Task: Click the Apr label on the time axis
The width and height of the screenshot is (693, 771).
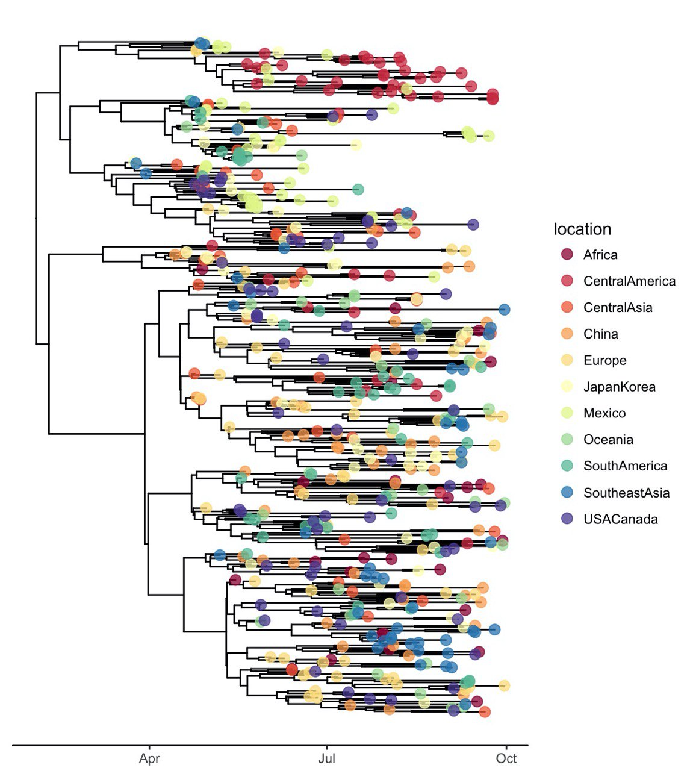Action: [149, 758]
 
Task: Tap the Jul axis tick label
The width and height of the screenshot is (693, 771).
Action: [327, 758]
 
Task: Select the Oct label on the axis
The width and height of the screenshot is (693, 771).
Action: [506, 758]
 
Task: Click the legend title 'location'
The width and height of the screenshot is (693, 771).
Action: [582, 229]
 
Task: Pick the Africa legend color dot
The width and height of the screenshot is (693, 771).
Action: [567, 254]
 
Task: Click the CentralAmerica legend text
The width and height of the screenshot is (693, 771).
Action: [629, 281]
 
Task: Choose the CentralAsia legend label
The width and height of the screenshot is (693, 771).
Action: [618, 307]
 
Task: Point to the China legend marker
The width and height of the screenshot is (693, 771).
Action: [567, 334]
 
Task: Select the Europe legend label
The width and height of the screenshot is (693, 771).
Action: [604, 360]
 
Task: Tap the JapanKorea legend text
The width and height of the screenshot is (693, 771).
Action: [619, 387]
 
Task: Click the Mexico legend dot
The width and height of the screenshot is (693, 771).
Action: [567, 413]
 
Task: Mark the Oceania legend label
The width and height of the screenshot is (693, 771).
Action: [608, 439]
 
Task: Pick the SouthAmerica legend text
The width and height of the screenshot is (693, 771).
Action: [626, 466]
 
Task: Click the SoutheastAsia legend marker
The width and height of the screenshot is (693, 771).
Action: [567, 492]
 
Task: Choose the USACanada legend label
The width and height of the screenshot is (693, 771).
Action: [620, 519]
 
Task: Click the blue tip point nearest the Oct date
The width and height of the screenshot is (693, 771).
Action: [505, 309]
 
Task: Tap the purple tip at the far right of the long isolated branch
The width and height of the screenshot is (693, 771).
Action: [473, 225]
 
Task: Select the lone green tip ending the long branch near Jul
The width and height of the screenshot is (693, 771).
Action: [358, 189]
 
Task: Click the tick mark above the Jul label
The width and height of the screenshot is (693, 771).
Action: [327, 748]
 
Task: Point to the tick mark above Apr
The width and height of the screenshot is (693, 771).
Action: [149, 748]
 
